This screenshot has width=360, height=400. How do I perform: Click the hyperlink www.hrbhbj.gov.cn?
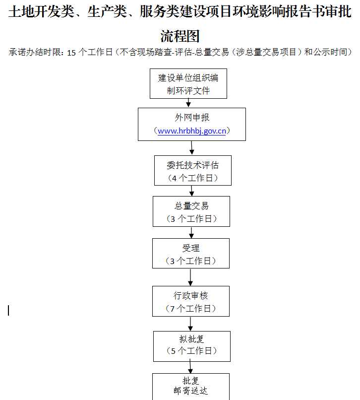pos(192,131)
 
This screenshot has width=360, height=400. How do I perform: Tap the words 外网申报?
pos(192,118)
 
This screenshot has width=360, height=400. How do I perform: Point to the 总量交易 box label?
pos(191,206)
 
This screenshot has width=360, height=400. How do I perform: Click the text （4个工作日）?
pos(193,178)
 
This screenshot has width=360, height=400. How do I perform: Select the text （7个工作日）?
pos(191,309)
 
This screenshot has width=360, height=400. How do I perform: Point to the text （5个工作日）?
pos(192,351)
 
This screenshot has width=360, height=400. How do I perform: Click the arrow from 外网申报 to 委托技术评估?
pos(192,148)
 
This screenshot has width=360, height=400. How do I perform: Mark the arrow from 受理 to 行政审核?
pos(190,277)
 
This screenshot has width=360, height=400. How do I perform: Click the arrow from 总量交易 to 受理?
pos(191,233)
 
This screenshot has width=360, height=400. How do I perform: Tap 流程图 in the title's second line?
pos(180,36)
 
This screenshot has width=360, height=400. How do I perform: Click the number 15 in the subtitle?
pos(71,53)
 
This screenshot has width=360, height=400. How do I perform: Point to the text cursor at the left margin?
pos(8,311)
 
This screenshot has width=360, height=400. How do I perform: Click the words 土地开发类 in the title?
pos(41,12)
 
